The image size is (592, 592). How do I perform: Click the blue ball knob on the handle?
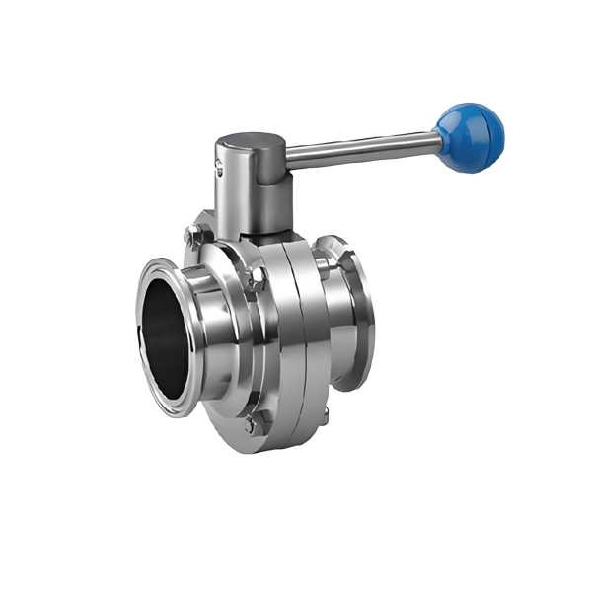click(x=470, y=136)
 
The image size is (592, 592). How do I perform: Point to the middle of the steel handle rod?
click(x=361, y=149)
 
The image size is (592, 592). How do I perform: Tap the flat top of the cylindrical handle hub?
click(x=250, y=145)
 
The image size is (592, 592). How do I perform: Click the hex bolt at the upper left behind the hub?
click(x=194, y=235)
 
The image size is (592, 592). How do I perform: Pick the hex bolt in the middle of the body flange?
click(x=256, y=280)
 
